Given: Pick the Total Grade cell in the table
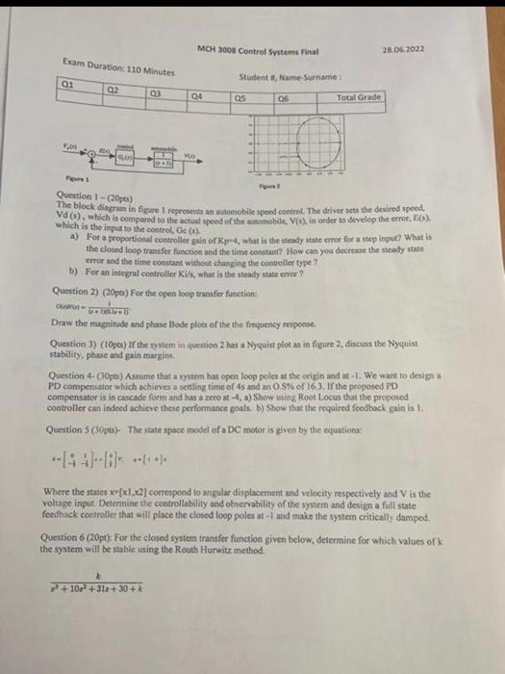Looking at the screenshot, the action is pyautogui.click(x=359, y=98).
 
